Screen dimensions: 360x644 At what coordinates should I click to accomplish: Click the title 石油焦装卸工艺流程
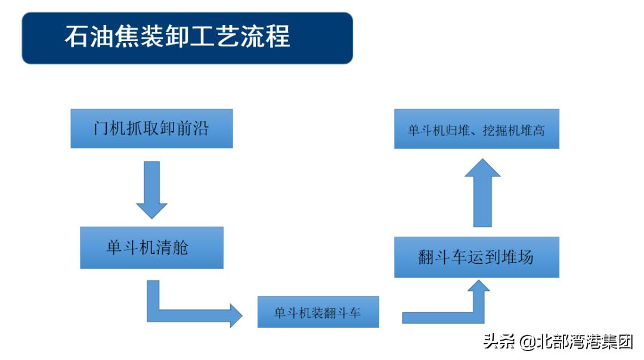click(x=177, y=37)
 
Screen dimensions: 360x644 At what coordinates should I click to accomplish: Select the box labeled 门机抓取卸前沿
click(x=151, y=128)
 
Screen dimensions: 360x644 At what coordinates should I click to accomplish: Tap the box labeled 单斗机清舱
click(x=151, y=247)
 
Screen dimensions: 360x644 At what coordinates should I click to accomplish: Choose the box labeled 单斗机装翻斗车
click(x=318, y=312)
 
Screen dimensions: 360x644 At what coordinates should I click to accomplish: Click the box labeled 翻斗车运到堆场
click(x=476, y=257)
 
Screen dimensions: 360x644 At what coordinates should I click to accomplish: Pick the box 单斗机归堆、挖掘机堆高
click(x=476, y=129)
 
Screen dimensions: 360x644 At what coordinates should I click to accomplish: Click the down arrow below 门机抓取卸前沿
click(x=151, y=188)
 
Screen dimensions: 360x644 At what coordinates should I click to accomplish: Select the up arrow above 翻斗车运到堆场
click(x=482, y=194)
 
